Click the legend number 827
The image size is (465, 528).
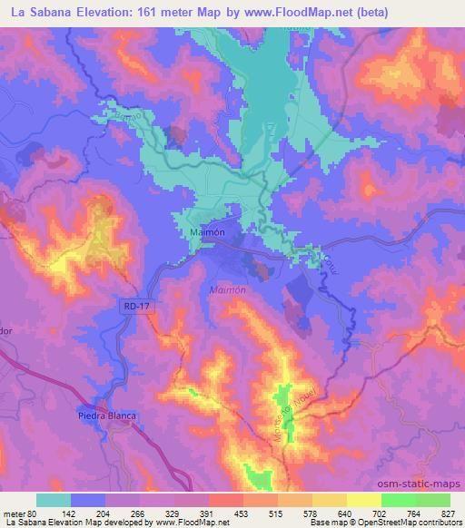448,513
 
